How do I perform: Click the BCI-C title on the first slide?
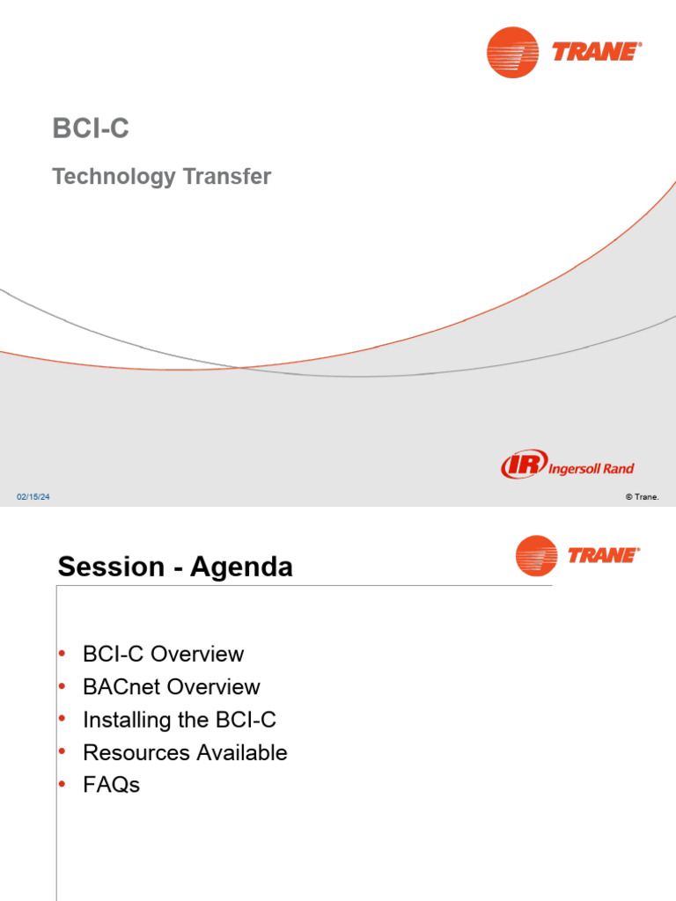pos(91,128)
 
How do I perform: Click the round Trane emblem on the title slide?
pos(512,52)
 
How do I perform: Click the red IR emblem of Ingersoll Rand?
pos(523,465)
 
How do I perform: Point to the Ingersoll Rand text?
pos(591,468)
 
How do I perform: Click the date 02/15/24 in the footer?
pos(33,498)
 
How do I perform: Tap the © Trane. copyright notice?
pos(642,497)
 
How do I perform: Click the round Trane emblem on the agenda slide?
pos(536,556)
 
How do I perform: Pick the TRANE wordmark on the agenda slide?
pos(603,555)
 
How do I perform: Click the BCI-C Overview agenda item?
pos(163,654)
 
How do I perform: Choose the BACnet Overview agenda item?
pos(171,686)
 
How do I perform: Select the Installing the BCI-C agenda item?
pos(179,720)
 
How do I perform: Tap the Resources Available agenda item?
pos(185,752)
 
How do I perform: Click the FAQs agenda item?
pos(111,785)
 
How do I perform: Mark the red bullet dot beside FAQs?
pos(62,784)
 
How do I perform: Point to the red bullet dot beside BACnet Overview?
pos(62,685)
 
